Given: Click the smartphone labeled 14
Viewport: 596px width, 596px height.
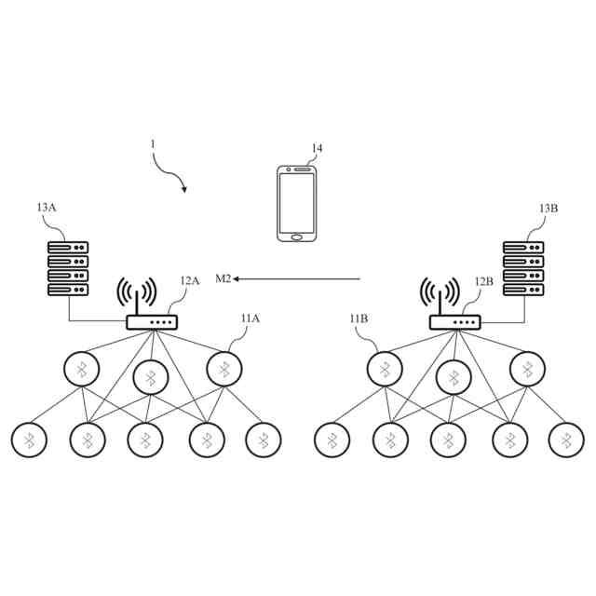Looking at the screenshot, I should click(297, 203).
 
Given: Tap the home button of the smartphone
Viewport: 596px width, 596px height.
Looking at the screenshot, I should click(297, 237).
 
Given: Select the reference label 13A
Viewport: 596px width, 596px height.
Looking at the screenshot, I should click(47, 209).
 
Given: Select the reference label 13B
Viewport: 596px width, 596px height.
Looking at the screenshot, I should click(549, 209).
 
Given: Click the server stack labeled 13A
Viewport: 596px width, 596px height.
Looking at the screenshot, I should click(68, 269).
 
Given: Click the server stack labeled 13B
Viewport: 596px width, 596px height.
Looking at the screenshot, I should click(523, 269).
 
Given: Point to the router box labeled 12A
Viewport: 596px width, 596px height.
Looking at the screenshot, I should click(151, 323).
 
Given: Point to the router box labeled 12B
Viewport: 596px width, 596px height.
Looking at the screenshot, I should click(454, 323).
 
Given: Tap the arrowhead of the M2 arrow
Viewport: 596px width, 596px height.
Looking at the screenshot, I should click(237, 278).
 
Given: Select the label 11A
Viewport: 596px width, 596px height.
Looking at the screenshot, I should click(250, 318).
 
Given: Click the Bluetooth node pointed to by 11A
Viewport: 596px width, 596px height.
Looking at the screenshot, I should click(223, 369).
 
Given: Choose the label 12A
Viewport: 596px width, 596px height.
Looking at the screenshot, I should click(189, 280).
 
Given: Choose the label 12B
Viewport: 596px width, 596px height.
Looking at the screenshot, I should click(483, 280).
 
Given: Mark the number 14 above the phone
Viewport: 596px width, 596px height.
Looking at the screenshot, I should click(318, 149).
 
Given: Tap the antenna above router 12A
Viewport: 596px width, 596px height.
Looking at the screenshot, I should click(137, 295).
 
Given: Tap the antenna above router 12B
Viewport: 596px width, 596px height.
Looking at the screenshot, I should click(440, 295).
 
